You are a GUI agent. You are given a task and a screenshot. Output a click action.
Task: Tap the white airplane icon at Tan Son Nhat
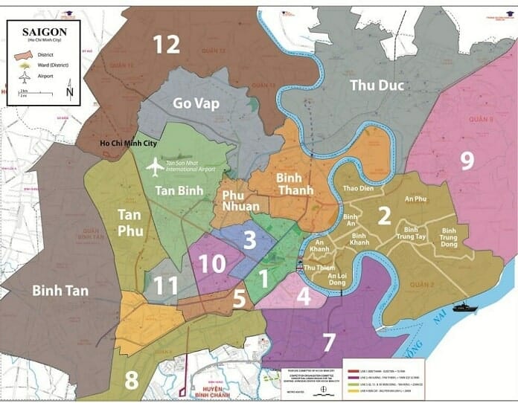[155, 167]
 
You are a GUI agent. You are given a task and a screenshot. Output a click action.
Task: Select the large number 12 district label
[167, 45]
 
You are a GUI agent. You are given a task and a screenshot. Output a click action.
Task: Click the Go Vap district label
[196, 103]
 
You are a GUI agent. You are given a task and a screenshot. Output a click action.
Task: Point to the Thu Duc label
[378, 86]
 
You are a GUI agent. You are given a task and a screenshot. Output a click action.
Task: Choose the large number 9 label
[467, 161]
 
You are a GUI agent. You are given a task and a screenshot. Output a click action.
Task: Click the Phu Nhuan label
[241, 200]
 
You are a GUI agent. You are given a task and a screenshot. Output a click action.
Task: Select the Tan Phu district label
[131, 222]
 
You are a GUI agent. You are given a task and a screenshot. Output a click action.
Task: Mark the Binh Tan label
[60, 290]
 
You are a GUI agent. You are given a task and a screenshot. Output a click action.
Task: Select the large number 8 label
[131, 378]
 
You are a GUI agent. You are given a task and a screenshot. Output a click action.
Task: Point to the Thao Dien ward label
[358, 188]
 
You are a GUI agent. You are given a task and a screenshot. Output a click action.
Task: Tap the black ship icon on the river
[464, 306]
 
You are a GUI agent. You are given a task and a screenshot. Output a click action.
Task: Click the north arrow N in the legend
[70, 93]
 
